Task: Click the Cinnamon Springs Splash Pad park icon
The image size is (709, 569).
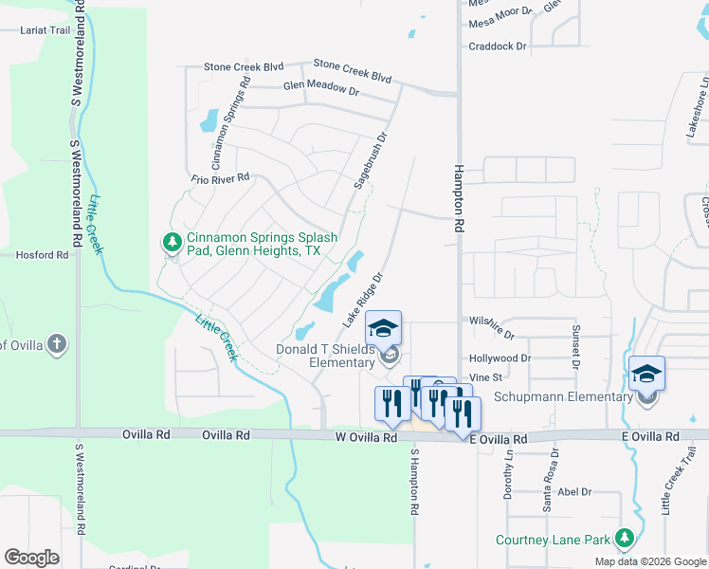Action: pos(172,243)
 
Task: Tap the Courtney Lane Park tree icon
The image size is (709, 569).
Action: pos(624,540)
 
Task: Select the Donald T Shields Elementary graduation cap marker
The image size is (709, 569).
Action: pos(383,328)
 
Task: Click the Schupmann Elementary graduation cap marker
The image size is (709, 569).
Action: pos(646,373)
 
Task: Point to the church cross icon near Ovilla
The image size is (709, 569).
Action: pos(57,343)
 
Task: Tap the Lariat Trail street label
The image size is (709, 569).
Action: pos(45,30)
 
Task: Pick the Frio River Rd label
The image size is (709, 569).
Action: pos(219,177)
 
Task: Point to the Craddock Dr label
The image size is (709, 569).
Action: pos(498,46)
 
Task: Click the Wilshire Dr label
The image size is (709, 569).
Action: pos(492,335)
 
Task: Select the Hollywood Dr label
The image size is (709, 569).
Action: pos(500,358)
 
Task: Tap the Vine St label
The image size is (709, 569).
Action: pos(484,377)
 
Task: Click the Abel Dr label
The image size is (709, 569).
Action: pos(574,492)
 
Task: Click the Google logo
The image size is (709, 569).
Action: pos(32,557)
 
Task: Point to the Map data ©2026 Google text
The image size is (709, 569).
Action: pos(649,561)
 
